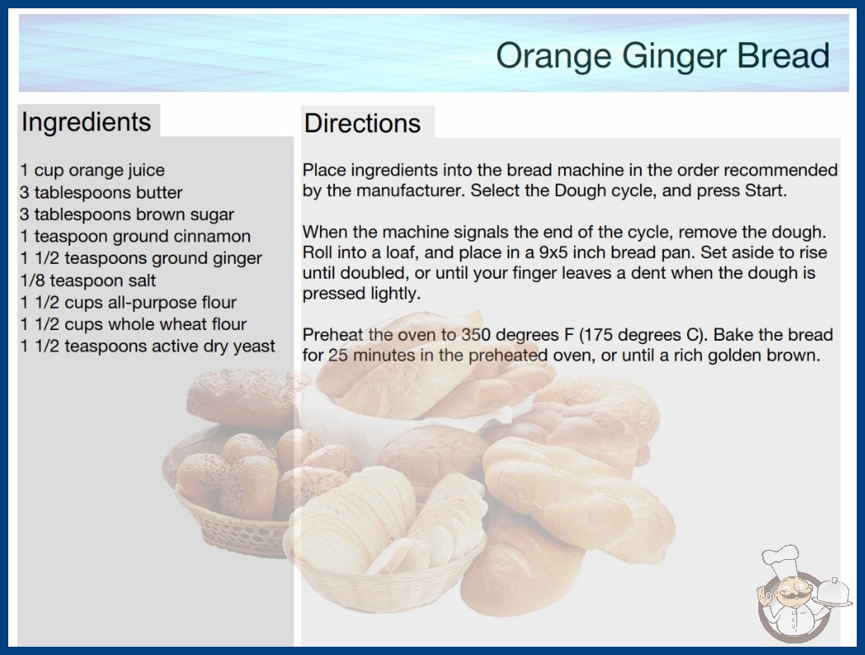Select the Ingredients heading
pyautogui.click(x=86, y=122)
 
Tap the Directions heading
pyautogui.click(x=362, y=123)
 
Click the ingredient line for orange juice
pyautogui.click(x=92, y=170)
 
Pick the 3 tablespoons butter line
pyautogui.click(x=101, y=193)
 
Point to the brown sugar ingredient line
pyautogui.click(x=127, y=215)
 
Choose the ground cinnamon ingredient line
pyautogui.click(x=135, y=237)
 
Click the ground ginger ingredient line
pyautogui.click(x=141, y=258)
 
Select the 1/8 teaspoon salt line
pyautogui.click(x=88, y=280)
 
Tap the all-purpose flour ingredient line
pyautogui.click(x=128, y=303)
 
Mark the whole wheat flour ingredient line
pyautogui.click(x=133, y=324)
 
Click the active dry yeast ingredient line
pyautogui.click(x=147, y=347)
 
